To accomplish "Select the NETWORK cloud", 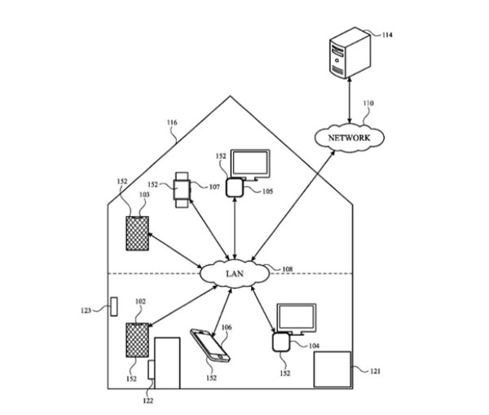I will [348, 139].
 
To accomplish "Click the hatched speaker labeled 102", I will [136, 340].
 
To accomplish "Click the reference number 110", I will [368, 104].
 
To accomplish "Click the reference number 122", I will [148, 400].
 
